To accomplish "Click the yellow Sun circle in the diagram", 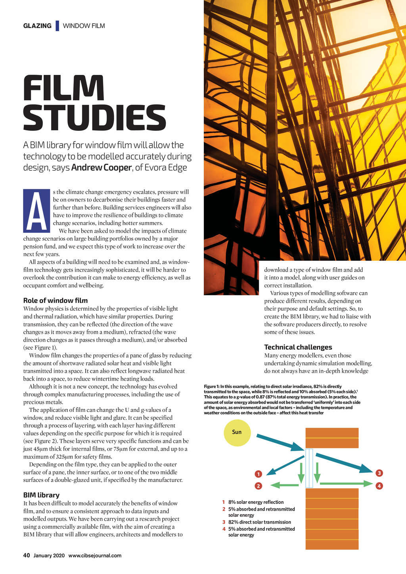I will click(x=237, y=432).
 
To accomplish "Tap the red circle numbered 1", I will click(x=259, y=474).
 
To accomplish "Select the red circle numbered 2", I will click(x=259, y=486).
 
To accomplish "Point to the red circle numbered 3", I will click(x=379, y=473).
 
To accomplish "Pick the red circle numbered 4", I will click(x=379, y=486).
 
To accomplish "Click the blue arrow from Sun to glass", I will click(x=280, y=442).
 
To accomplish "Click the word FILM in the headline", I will click(x=63, y=88).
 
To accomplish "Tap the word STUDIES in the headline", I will click(x=94, y=118).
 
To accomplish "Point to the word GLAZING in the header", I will click(x=37, y=26).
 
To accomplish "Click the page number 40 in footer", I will click(x=27, y=555).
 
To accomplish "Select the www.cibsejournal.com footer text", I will click(x=95, y=555).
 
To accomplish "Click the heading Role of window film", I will click(x=56, y=300).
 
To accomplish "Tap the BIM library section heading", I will click(x=41, y=495).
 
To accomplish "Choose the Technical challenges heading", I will click(x=298, y=347).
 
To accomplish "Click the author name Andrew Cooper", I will click(x=101, y=168).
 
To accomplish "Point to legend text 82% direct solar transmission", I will click(x=260, y=522).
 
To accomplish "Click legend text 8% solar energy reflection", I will click(x=256, y=502).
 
